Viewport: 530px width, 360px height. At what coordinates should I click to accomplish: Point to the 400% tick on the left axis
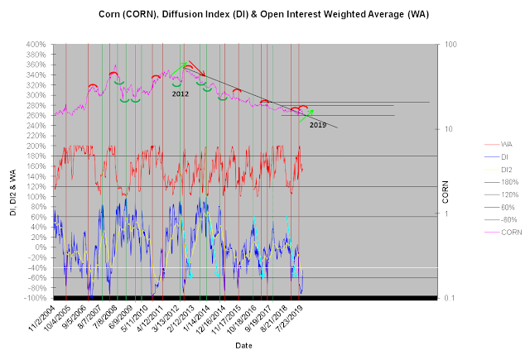click(36, 44)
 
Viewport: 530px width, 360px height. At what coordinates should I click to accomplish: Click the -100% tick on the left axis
click(36, 298)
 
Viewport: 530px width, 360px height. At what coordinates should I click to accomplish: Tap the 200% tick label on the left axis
click(36, 146)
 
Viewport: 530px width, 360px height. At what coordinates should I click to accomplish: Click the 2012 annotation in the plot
click(181, 94)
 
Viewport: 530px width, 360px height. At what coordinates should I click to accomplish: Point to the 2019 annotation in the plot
click(319, 124)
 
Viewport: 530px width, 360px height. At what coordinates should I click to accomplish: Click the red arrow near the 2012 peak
click(195, 68)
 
